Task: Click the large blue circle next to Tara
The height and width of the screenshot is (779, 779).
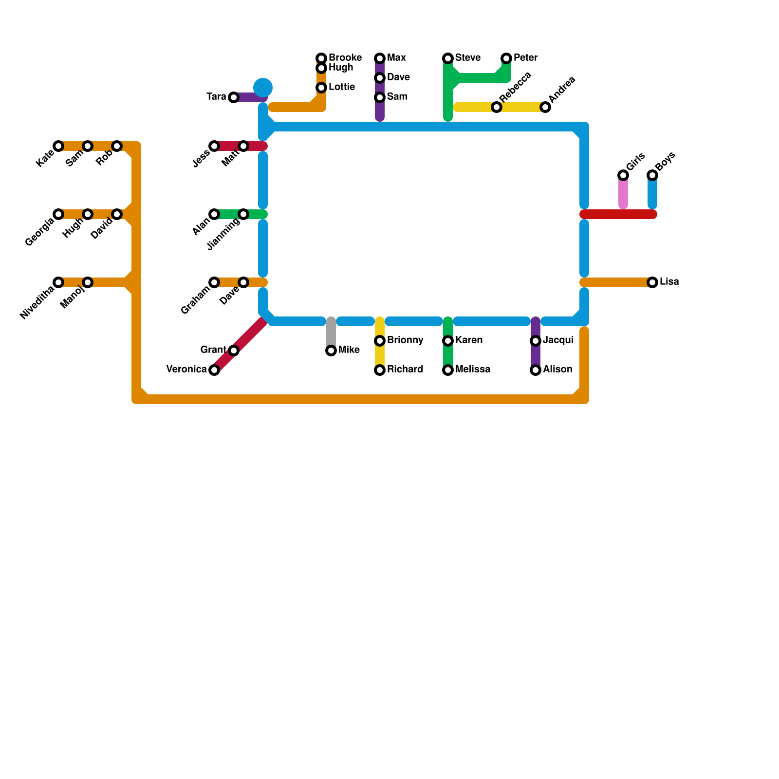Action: click(x=263, y=88)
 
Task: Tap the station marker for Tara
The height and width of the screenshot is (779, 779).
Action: click(x=234, y=97)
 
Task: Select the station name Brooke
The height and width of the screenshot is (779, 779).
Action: click(x=345, y=57)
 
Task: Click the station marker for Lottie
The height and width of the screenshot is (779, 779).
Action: click(x=321, y=88)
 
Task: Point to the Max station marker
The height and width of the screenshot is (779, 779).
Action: click(x=380, y=58)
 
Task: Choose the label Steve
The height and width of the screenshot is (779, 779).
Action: click(x=468, y=58)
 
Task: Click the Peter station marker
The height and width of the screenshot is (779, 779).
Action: click(x=506, y=58)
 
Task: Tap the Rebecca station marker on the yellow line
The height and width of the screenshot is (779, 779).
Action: click(x=497, y=107)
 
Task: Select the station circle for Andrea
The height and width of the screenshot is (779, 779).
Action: click(x=545, y=107)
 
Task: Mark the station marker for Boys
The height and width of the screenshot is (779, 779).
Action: click(x=652, y=175)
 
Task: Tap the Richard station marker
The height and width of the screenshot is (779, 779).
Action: click(x=380, y=370)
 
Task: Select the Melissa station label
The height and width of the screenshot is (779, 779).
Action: click(x=472, y=370)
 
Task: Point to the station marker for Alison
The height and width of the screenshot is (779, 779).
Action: click(x=536, y=370)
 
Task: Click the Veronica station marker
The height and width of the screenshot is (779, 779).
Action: click(x=214, y=370)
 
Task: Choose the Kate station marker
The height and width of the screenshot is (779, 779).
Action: click(x=58, y=146)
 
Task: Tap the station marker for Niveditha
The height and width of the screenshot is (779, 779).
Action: click(x=58, y=282)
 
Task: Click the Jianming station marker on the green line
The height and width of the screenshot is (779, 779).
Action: click(x=243, y=214)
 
